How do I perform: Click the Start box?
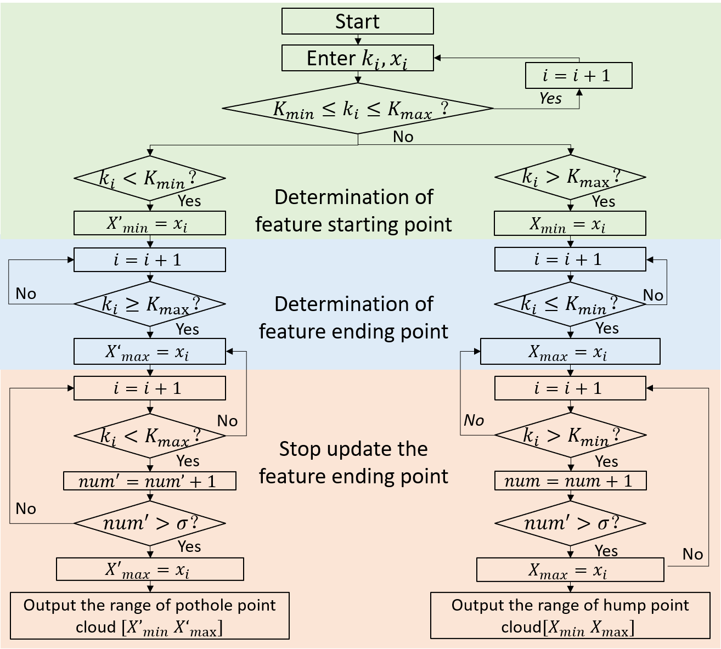point(357,21)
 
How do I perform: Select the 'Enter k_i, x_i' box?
point(357,58)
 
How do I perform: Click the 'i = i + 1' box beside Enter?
point(578,76)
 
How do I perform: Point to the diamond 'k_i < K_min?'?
point(150,178)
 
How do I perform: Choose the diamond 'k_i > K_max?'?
point(571,177)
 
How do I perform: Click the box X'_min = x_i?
point(150,224)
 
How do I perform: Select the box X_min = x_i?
point(570,224)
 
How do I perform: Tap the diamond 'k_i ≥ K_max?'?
point(150,304)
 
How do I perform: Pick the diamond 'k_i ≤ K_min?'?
point(571,303)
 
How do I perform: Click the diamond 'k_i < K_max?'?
point(150,436)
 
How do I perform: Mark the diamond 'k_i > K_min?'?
point(571,435)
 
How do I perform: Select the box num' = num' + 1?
point(150,481)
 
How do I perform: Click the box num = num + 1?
point(571,481)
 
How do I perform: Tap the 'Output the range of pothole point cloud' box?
point(150,616)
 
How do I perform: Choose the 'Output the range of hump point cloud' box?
point(570,616)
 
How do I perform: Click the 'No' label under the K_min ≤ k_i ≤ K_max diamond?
point(403,137)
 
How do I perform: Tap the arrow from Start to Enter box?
point(358,39)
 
